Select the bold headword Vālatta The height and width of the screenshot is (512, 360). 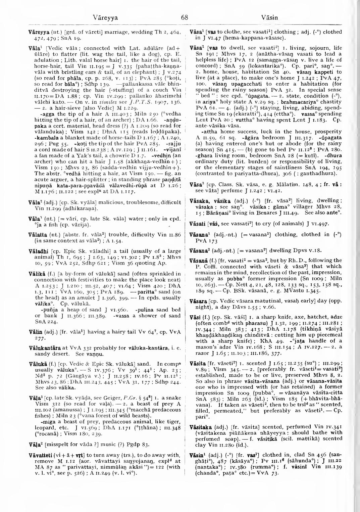(x=37, y=231)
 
